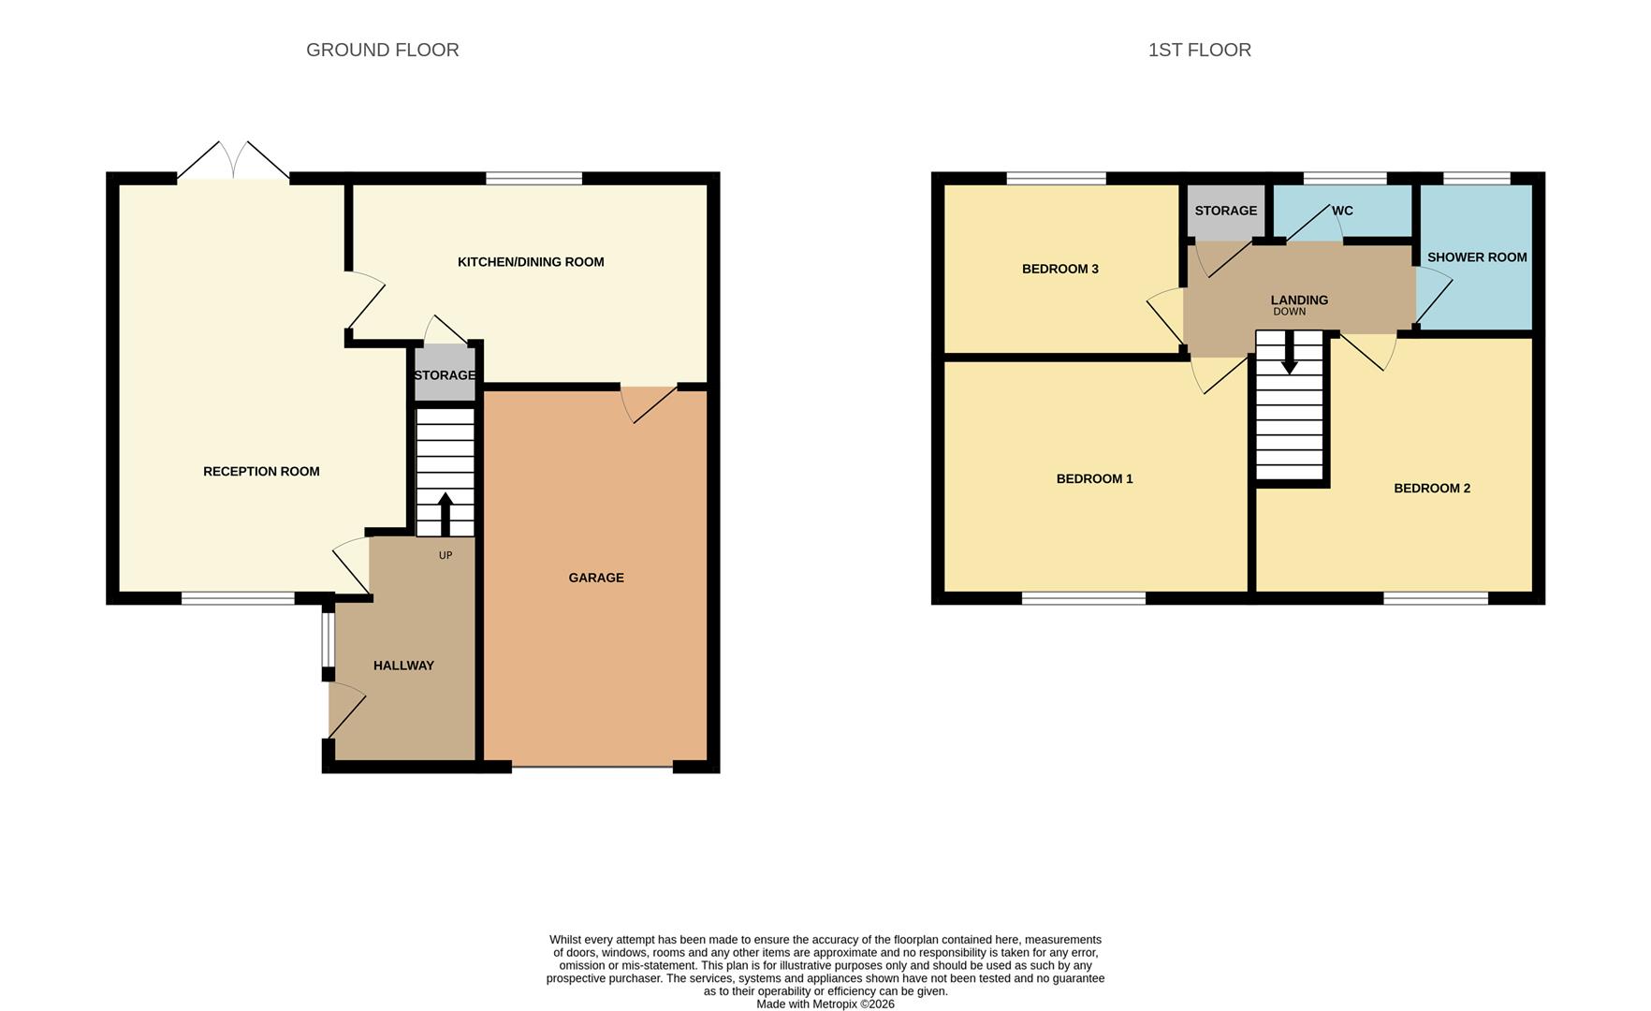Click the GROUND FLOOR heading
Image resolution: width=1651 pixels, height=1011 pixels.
[x=382, y=50]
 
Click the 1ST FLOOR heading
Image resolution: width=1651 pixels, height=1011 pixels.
[x=1199, y=50]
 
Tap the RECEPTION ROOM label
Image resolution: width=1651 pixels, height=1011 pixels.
[x=261, y=471]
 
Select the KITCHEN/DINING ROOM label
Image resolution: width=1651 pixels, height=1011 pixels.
[x=530, y=262]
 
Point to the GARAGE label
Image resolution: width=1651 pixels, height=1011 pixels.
[x=595, y=578]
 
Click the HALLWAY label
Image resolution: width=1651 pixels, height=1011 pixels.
[x=403, y=666]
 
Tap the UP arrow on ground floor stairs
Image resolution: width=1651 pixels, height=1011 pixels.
[x=445, y=513]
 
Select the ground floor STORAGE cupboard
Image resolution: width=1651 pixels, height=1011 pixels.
[x=445, y=374]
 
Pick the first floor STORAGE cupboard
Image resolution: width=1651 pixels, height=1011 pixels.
[x=1225, y=211]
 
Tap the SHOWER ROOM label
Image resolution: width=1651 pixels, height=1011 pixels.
[x=1476, y=256]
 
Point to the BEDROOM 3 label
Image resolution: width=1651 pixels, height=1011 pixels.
[x=1059, y=269]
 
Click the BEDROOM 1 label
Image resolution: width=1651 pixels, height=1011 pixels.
[x=1094, y=478]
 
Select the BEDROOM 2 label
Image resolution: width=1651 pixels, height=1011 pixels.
[x=1431, y=488]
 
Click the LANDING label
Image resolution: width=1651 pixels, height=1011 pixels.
[x=1298, y=300]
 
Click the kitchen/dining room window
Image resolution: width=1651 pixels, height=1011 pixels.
[x=533, y=178]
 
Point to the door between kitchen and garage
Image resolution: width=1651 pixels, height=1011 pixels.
[x=649, y=402]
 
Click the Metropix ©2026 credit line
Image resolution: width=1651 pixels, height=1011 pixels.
[x=825, y=1004]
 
